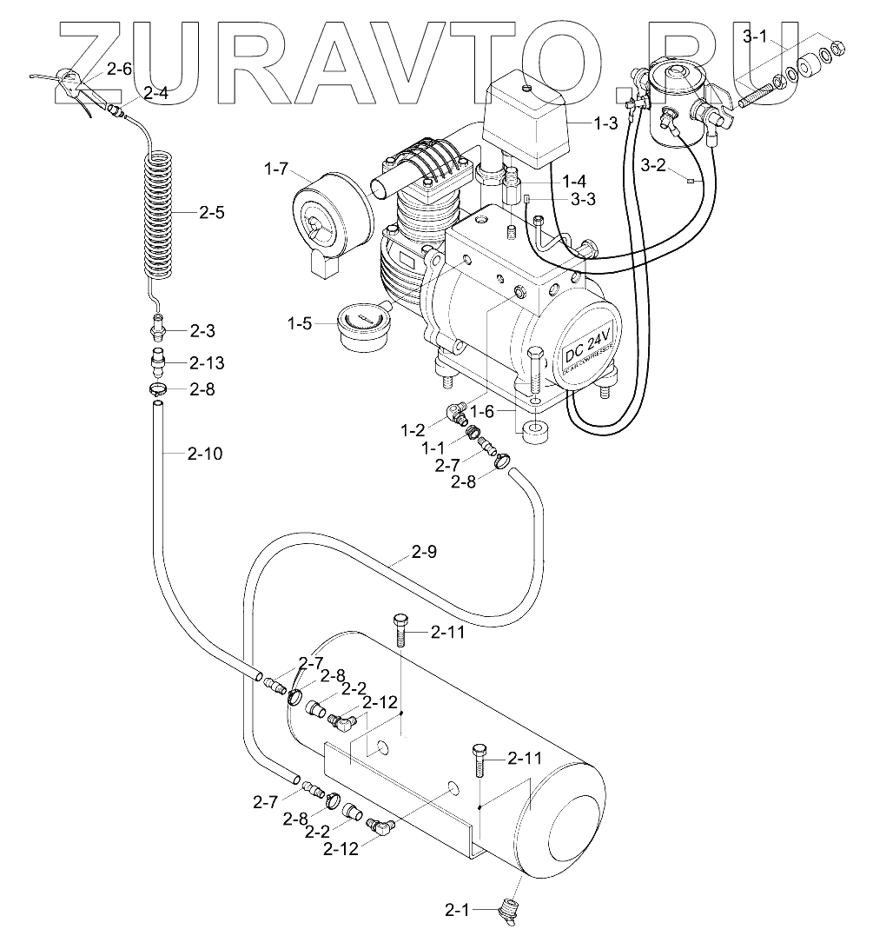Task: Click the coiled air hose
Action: [x=161, y=213]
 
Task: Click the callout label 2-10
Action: [x=205, y=453]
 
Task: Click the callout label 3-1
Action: [x=757, y=36]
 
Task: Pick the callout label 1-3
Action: [x=605, y=124]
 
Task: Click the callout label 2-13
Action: [x=206, y=362]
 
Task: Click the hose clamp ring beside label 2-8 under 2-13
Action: [x=157, y=389]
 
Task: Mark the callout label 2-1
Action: [x=458, y=911]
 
